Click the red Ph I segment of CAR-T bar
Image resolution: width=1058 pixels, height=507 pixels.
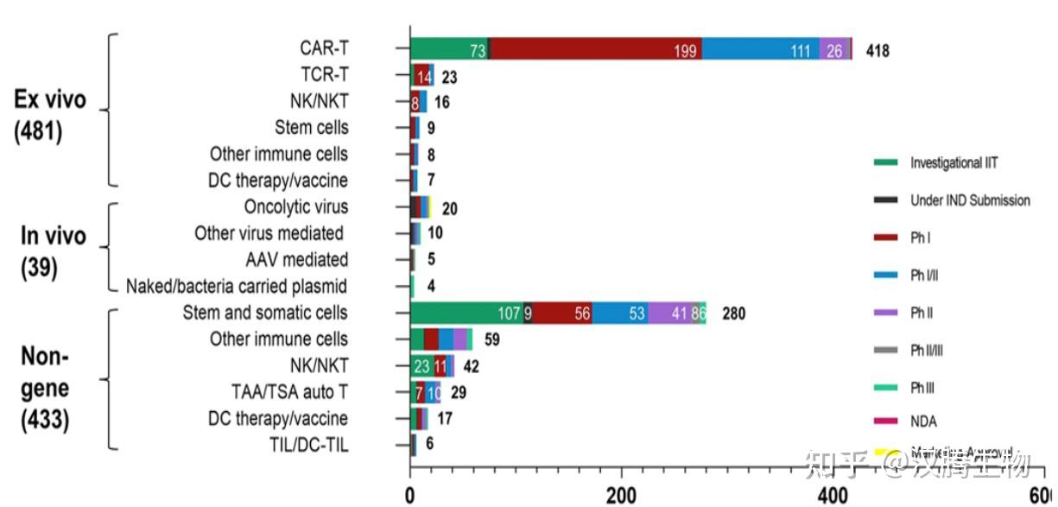pos(595,50)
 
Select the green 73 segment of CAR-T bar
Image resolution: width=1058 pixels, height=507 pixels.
pos(449,50)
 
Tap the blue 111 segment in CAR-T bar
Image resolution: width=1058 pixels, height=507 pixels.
pos(760,50)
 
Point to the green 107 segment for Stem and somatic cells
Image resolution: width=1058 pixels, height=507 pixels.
pos(466,314)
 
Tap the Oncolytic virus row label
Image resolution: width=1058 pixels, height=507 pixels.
pos(296,207)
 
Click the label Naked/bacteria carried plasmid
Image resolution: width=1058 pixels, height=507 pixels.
pos(237,286)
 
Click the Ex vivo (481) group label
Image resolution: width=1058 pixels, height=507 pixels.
pos(51,116)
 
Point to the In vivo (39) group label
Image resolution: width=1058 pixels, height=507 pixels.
pos(54,250)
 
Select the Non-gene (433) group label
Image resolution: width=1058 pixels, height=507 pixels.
pos(45,388)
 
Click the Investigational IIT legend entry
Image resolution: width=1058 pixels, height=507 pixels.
pos(953,162)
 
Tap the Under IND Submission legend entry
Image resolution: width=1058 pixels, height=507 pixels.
pos(970,200)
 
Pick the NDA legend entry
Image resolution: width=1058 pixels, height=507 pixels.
pos(923,421)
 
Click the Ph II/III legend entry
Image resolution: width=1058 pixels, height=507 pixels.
pos(928,348)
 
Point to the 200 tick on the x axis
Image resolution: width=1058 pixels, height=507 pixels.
pos(621,496)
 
